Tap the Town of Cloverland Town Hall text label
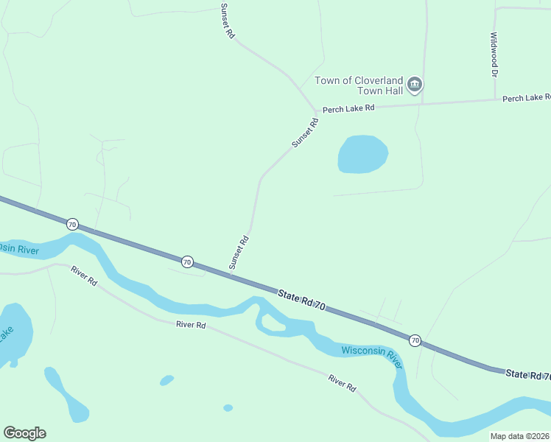[359, 85]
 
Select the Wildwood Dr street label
[495, 55]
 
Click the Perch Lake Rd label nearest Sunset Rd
[348, 108]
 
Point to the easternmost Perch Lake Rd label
[527, 98]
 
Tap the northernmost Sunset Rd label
[227, 21]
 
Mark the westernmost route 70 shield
[72, 223]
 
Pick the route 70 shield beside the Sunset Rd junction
[187, 262]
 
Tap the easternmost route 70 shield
[415, 340]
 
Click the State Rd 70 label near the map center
[301, 302]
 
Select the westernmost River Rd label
[84, 276]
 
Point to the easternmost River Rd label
[342, 382]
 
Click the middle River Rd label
[191, 324]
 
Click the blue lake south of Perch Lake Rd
[362, 155]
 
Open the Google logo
[24, 433]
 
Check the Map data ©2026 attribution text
[520, 436]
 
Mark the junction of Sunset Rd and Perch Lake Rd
[317, 112]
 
